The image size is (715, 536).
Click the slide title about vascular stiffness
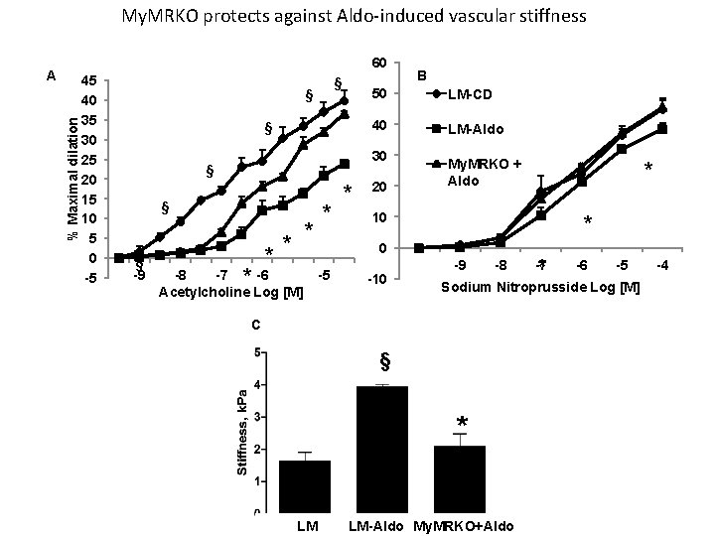click(x=354, y=17)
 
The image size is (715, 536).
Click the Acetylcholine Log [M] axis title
click(x=229, y=293)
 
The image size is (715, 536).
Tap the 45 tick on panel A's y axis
click(x=89, y=80)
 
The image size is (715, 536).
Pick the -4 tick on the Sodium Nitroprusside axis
click(x=661, y=266)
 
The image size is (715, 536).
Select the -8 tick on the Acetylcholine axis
click(x=180, y=275)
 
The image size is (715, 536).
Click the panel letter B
click(x=421, y=76)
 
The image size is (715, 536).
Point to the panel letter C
click(x=257, y=325)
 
